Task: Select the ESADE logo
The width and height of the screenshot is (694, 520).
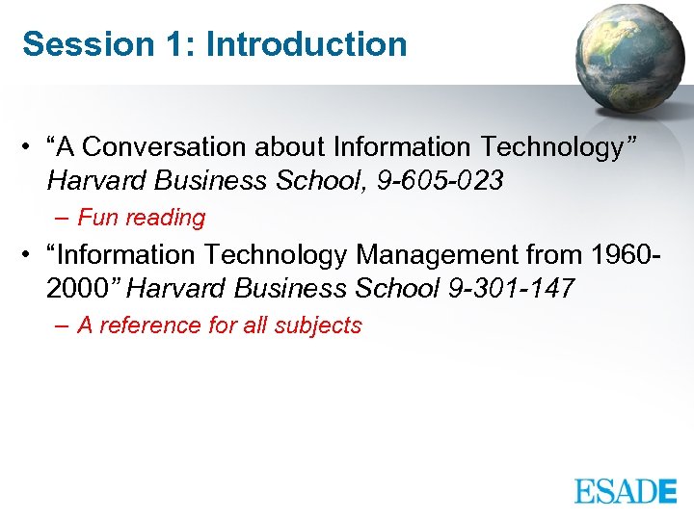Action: pos(626,490)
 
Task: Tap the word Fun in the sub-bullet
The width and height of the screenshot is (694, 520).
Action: pos(97,218)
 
